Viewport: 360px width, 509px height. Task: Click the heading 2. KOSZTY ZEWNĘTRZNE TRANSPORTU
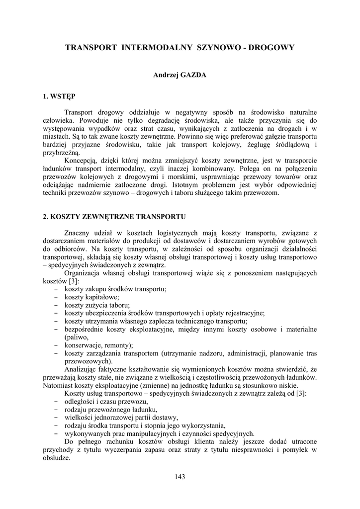[114, 217]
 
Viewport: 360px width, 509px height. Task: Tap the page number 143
[180, 477]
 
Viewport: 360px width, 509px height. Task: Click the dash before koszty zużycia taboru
[54, 305]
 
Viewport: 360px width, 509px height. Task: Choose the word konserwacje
[85, 345]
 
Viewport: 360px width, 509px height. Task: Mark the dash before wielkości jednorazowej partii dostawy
[54, 417]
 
